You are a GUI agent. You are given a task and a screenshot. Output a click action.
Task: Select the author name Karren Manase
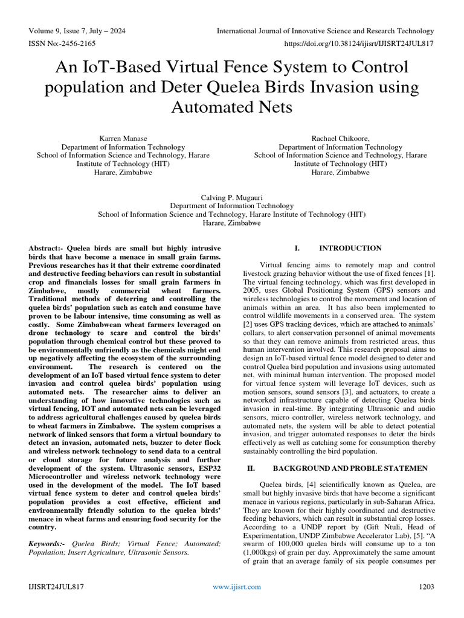[123, 138]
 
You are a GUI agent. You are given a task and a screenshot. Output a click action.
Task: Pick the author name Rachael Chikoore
[341, 138]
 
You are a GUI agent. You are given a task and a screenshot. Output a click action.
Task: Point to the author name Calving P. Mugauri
[232, 197]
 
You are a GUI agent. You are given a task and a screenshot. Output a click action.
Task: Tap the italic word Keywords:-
[47, 544]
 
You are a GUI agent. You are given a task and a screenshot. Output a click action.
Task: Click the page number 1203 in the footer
[427, 587]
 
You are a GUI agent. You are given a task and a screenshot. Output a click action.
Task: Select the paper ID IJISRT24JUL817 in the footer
[56, 587]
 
